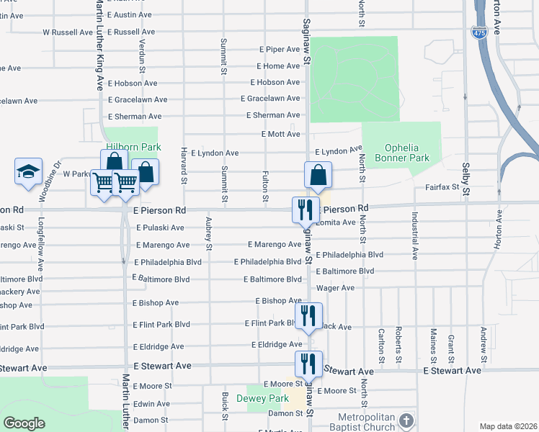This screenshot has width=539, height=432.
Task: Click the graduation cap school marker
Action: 28,172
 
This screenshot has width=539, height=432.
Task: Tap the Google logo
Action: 24,423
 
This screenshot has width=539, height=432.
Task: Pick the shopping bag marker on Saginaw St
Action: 318,174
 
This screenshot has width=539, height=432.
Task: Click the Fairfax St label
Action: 442,187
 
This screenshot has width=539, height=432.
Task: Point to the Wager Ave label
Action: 336,288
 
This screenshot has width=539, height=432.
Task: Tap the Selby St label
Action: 465,180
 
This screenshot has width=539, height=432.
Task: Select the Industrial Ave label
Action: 415,235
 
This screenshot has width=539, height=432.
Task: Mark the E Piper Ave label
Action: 280,50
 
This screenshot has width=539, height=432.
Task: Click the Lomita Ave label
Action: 337,222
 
